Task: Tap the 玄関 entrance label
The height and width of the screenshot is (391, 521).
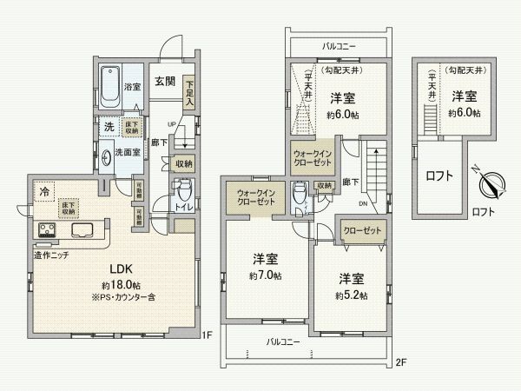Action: (x=166, y=82)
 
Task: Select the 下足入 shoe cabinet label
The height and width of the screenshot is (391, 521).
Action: (x=188, y=90)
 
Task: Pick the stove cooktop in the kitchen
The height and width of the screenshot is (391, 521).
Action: (x=46, y=232)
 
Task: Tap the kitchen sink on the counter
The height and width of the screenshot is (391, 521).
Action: (x=82, y=232)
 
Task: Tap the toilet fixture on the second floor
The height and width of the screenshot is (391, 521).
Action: (x=299, y=192)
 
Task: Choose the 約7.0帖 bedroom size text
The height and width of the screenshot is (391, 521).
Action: (x=265, y=275)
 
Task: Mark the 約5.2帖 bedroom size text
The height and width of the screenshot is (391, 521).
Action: (x=351, y=295)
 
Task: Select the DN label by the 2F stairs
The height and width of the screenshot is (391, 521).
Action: (x=363, y=205)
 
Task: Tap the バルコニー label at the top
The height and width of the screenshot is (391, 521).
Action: (x=338, y=44)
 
